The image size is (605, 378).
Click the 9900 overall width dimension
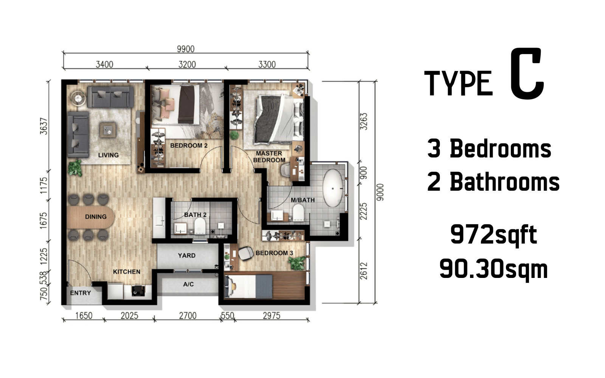click(x=186, y=49)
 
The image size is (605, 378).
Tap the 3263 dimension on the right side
click(x=364, y=122)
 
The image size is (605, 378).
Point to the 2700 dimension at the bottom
click(x=188, y=315)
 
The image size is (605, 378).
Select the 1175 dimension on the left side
click(x=43, y=185)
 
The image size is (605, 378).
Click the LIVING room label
click(x=108, y=155)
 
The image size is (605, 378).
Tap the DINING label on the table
click(x=96, y=217)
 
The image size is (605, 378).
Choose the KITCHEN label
click(x=126, y=272)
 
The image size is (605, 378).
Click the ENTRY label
click(x=81, y=293)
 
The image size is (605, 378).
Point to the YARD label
click(x=187, y=255)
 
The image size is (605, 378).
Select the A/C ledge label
click(x=188, y=284)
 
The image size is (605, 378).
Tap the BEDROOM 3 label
click(x=274, y=253)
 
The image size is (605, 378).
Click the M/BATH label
click(x=303, y=200)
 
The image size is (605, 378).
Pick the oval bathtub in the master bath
click(x=333, y=188)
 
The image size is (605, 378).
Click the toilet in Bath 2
click(x=200, y=225)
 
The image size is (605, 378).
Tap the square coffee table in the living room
click(x=108, y=131)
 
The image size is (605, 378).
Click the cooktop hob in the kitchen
click(x=138, y=291)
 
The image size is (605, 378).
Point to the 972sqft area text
click(x=493, y=235)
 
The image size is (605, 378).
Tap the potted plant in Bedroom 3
click(x=297, y=263)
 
